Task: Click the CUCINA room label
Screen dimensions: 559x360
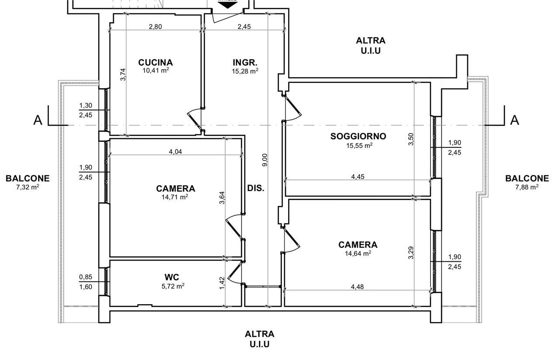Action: [x=155, y=62]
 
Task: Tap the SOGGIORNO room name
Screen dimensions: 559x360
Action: [x=358, y=136]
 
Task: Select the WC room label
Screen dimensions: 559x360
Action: [x=172, y=277]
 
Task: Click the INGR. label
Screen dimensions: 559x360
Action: [x=245, y=62]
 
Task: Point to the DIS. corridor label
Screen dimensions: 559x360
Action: [x=255, y=188]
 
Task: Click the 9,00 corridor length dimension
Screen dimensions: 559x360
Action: [x=265, y=160]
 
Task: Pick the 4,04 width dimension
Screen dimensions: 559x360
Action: [x=176, y=151]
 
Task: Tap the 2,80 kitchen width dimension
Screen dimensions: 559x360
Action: [x=155, y=27]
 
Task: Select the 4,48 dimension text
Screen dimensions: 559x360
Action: [x=357, y=287]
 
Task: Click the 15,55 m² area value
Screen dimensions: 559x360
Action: [x=359, y=145]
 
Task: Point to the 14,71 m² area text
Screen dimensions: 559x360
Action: [x=174, y=197]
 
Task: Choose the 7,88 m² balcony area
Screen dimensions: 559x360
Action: [x=527, y=187]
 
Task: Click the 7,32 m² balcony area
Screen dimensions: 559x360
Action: [x=28, y=187]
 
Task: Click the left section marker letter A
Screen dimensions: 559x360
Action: [x=38, y=120]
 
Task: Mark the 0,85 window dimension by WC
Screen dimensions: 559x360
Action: [x=86, y=277]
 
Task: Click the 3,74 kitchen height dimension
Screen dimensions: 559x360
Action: [x=123, y=74]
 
